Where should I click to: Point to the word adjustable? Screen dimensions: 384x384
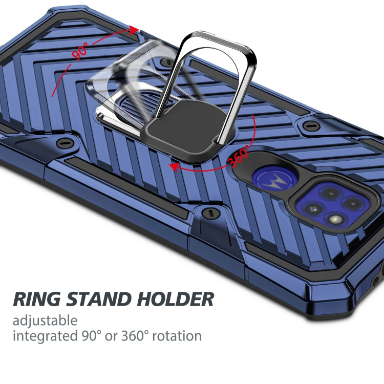click(45, 321)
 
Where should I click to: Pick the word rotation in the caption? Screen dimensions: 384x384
click(177, 336)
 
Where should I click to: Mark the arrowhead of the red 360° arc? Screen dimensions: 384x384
click(175, 167)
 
